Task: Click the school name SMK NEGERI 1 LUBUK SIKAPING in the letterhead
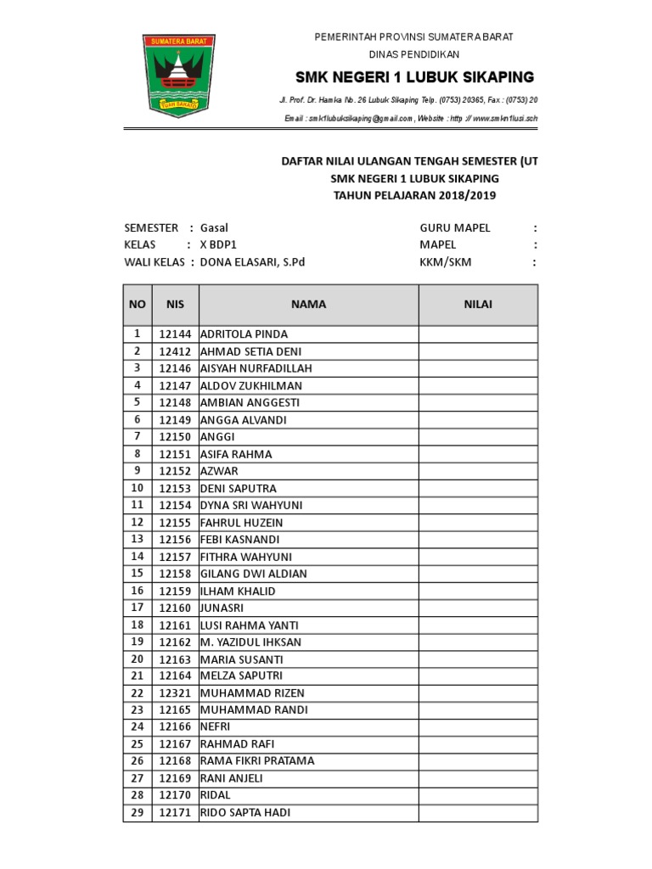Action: [414, 77]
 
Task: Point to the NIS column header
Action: [175, 305]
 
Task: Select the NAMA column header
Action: [308, 305]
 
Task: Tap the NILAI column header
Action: [477, 305]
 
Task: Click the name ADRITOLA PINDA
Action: [244, 334]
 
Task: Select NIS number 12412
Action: [175, 351]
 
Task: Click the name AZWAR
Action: [219, 471]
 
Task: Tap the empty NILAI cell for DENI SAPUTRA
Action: [477, 488]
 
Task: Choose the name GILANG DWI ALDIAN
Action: [253, 574]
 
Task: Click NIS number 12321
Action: [175, 693]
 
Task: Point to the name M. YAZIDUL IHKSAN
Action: [250, 642]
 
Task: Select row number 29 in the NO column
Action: [137, 813]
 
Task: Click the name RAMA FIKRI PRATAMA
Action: [256, 761]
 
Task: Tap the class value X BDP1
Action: [220, 244]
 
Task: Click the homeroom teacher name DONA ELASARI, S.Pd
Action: [252, 262]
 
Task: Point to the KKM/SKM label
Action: [445, 262]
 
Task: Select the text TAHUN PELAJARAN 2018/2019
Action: [414, 196]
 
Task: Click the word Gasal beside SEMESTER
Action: [214, 227]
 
